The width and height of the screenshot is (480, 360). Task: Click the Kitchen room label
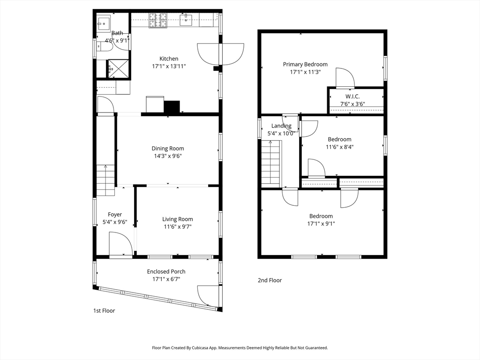pyautogui.click(x=169, y=59)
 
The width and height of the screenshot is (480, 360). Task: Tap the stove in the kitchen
pyautogui.click(x=158, y=21)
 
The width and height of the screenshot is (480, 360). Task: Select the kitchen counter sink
pyautogui.click(x=186, y=20)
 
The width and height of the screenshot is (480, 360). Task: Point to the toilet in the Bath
pyautogui.click(x=105, y=46)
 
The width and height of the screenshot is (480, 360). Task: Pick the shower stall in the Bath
pyautogui.click(x=118, y=69)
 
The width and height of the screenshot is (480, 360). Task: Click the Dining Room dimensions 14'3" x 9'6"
pyautogui.click(x=168, y=156)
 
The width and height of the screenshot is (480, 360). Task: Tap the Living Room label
pyautogui.click(x=178, y=219)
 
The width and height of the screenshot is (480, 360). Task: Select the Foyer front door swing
pyautogui.click(x=120, y=244)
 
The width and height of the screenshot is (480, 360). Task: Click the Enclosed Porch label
pyautogui.click(x=166, y=271)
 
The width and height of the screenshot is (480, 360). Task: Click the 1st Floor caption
pyautogui.click(x=104, y=311)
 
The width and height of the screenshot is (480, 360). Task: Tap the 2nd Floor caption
pyautogui.click(x=270, y=280)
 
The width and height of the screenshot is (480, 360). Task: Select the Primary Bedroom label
pyautogui.click(x=305, y=64)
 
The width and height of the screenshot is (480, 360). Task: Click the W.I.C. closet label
pyautogui.click(x=352, y=97)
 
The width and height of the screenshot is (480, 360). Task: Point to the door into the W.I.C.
pyautogui.click(x=345, y=78)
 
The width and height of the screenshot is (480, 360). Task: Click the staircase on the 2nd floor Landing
pyautogui.click(x=270, y=164)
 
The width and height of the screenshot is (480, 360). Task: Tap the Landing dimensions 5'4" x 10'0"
pyautogui.click(x=281, y=134)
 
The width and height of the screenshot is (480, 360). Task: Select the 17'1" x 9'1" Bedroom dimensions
pyautogui.click(x=321, y=224)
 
